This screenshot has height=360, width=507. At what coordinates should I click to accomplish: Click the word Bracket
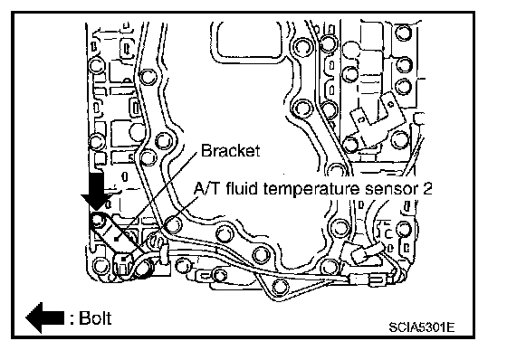tap(230, 150)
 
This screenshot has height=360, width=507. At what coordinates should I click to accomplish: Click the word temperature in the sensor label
tap(311, 189)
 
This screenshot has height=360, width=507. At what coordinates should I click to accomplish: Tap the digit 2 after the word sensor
tap(427, 189)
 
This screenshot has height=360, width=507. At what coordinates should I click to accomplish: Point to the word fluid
tap(242, 188)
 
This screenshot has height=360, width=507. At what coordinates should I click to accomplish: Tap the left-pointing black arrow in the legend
tap(45, 317)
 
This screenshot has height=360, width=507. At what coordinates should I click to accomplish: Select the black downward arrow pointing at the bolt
tap(96, 192)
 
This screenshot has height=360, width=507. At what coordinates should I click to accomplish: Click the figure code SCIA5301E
tap(422, 327)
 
